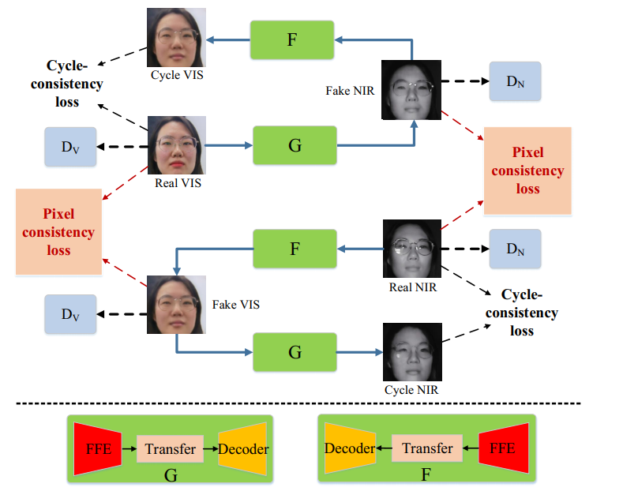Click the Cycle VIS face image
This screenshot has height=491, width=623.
tap(176, 38)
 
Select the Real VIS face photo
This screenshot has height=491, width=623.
tap(177, 145)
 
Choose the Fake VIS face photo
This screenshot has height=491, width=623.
tap(176, 304)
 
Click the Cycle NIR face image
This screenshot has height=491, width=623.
tap(411, 352)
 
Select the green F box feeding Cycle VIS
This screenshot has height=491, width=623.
tap(292, 39)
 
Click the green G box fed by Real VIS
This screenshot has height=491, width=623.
tap(295, 144)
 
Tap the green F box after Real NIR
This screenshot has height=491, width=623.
tap(294, 249)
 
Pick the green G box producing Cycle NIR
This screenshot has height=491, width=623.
tap(295, 351)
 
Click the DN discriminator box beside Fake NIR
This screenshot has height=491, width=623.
tap(515, 81)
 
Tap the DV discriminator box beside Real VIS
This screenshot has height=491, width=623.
tap(70, 147)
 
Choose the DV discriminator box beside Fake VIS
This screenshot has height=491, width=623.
tap(70, 314)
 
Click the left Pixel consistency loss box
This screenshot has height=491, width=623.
tap(58, 232)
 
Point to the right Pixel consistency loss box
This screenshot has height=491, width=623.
tap(527, 171)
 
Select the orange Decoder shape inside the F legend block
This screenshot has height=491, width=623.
tap(349, 448)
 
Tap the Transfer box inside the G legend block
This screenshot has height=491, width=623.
tap(170, 449)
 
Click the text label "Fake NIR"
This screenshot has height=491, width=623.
tap(349, 91)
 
